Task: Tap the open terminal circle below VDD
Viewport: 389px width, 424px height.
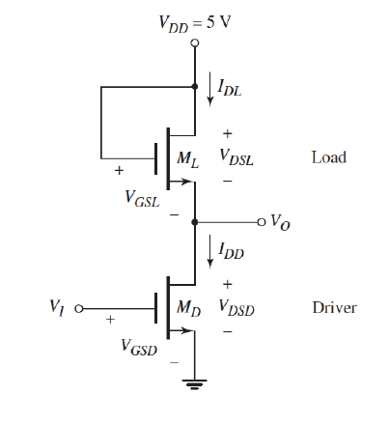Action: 195,44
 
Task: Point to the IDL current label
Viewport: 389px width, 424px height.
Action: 230,91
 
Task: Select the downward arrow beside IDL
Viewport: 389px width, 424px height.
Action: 211,90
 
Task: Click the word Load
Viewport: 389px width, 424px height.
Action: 329,156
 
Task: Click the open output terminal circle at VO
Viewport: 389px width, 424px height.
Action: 260,222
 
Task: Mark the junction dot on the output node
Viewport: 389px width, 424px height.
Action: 195,222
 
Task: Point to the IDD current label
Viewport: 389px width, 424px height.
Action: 231,252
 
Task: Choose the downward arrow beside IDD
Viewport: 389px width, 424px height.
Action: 211,251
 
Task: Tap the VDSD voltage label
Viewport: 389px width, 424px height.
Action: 237,309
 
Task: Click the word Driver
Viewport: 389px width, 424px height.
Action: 334,308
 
